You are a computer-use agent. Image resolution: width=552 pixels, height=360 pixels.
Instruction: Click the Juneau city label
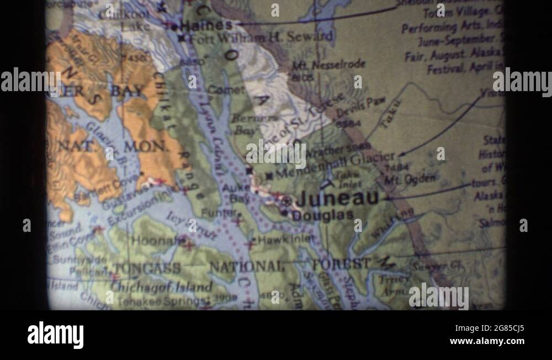(338, 199)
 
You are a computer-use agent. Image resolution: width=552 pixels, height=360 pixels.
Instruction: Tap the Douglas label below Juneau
(323, 216)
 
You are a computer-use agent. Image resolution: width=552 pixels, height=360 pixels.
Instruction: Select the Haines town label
(206, 25)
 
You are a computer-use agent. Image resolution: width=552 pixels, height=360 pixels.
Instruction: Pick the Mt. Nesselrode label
(328, 65)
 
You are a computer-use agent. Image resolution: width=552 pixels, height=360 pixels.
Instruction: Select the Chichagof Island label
(162, 287)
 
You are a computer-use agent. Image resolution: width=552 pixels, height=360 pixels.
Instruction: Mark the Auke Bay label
(235, 193)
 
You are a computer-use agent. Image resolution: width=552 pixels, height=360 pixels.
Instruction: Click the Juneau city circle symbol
(286, 202)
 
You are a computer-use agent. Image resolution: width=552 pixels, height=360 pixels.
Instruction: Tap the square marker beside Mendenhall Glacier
(269, 176)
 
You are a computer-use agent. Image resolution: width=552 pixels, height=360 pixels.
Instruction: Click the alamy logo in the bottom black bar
(55, 335)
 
